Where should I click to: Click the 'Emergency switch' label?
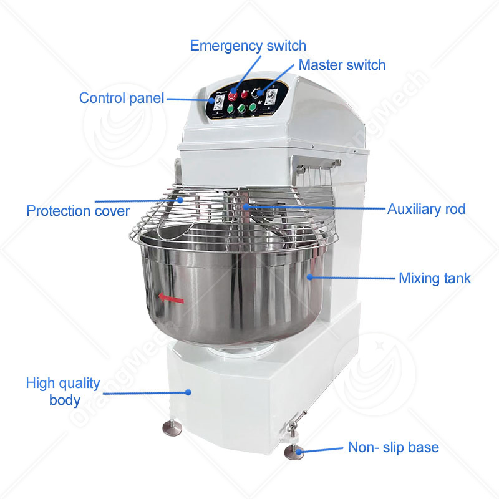[x=248, y=46]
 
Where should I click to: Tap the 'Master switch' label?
[x=342, y=65]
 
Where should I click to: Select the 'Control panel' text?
[x=122, y=98]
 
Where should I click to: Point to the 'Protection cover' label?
[x=78, y=211]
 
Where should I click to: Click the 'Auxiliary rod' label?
[x=426, y=210]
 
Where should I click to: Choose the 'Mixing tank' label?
[x=434, y=278]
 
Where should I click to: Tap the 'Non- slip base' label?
[x=394, y=447]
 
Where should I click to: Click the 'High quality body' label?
[x=63, y=392]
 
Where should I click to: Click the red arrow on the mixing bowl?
[x=171, y=299]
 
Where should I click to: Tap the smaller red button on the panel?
[x=245, y=95]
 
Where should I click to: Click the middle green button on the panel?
[x=242, y=108]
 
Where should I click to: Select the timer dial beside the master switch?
[x=271, y=97]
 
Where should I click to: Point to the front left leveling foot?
[x=172, y=428]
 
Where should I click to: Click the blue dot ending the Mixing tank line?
[x=309, y=277]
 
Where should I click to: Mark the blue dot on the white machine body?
[x=188, y=392]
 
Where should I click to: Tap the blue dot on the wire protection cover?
[x=180, y=200]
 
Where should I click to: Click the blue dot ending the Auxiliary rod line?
[x=246, y=207]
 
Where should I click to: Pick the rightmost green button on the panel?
[x=253, y=107]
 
